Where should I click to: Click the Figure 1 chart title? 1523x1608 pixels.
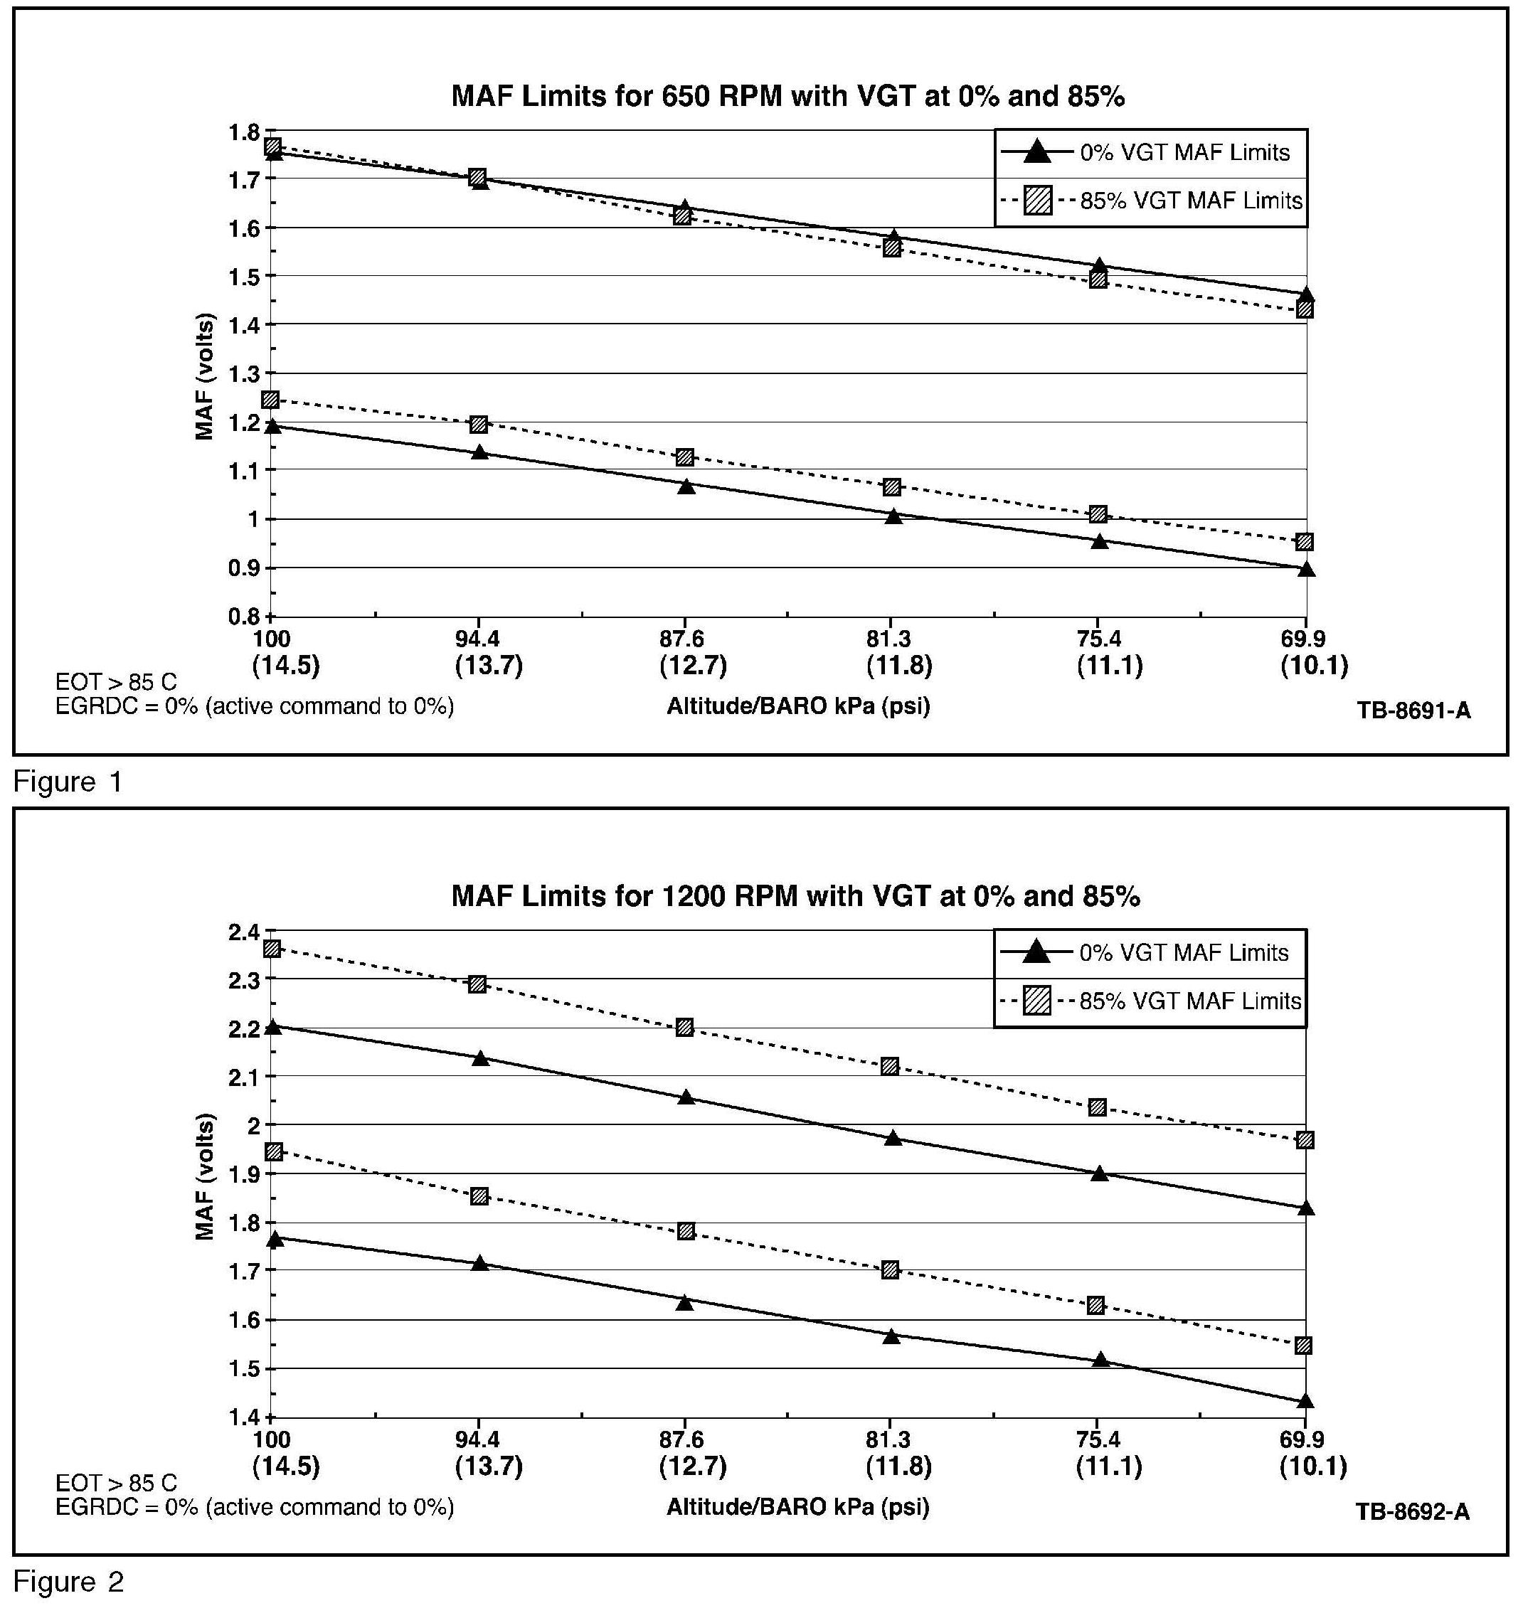pos(787,97)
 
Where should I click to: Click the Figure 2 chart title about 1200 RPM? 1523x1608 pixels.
pos(795,896)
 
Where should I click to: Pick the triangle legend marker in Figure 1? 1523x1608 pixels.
pos(1036,151)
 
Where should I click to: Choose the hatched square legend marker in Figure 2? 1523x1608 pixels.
pos(1036,1001)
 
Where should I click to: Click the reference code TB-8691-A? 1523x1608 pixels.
pos(1413,711)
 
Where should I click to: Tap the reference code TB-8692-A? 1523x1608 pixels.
pos(1413,1511)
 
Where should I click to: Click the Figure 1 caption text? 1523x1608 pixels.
pos(68,782)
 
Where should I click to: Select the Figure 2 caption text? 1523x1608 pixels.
pos(69,1582)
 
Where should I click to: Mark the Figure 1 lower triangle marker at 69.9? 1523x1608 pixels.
pos(1306,569)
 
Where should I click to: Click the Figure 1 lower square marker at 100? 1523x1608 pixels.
pos(270,400)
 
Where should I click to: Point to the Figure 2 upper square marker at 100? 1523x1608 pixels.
pos(272,949)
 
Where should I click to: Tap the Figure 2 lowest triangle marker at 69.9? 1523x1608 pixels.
pos(1305,1401)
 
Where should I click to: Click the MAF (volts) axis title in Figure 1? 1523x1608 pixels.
pos(205,376)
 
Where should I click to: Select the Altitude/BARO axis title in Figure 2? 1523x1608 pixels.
pos(798,1507)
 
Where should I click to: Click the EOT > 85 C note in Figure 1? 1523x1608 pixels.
pos(116,682)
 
